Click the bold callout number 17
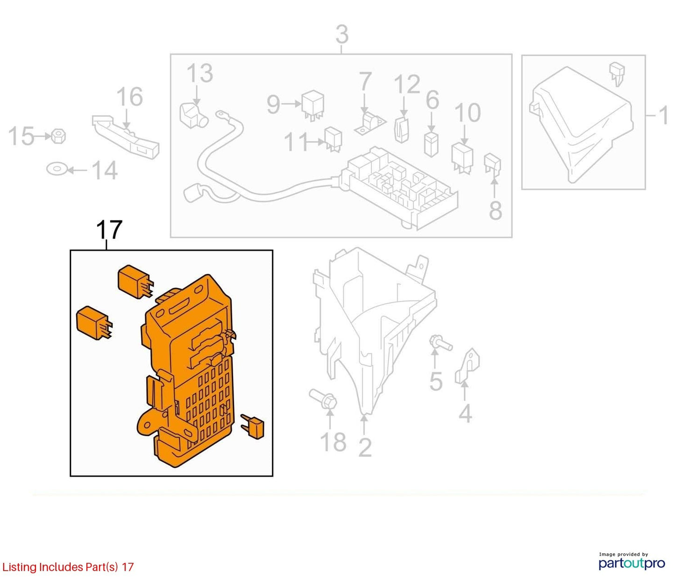click(109, 230)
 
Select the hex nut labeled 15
click(59, 136)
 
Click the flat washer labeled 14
click(57, 170)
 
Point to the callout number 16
click(130, 97)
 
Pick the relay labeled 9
click(313, 105)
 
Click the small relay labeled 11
click(333, 141)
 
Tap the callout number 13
click(200, 73)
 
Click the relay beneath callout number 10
click(462, 158)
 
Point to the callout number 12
click(407, 84)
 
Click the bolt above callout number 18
click(323, 399)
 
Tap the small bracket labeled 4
click(468, 366)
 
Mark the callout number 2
click(365, 448)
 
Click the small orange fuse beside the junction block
click(252, 427)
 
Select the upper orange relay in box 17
click(135, 282)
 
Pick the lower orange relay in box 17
click(94, 323)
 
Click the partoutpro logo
click(632, 563)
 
